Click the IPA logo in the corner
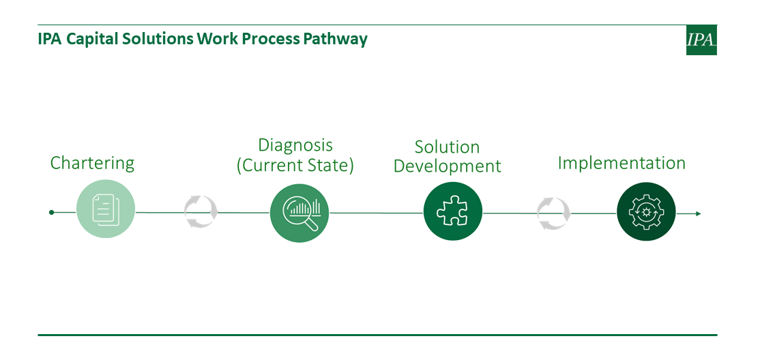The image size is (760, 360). (701, 40)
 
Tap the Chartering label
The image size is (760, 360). (92, 163)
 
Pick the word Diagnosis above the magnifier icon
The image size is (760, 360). (295, 145)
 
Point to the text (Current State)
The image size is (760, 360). (295, 165)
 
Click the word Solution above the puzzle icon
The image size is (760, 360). (447, 147)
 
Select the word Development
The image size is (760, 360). (447, 166)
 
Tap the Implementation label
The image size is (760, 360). (622, 163)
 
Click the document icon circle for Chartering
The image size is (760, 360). (106, 209)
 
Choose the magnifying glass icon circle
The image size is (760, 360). (299, 213)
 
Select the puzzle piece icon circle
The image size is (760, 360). (453, 211)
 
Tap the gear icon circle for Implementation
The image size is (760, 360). (646, 211)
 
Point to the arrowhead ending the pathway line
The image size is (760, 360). (698, 213)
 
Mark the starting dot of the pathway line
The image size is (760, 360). (51, 212)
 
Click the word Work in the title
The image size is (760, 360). (217, 39)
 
